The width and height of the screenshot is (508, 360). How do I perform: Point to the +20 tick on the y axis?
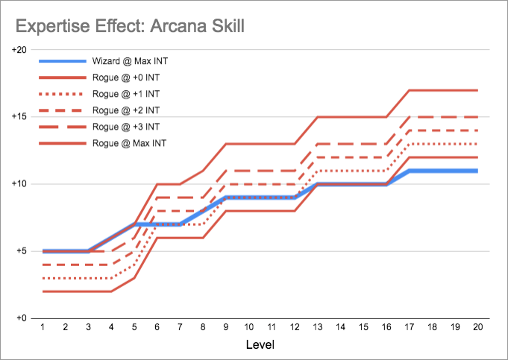(x=19, y=50)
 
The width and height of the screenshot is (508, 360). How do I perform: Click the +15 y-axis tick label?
(x=19, y=117)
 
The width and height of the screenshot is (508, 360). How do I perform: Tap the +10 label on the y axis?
(x=19, y=184)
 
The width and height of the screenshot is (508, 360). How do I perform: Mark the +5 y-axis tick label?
(x=22, y=251)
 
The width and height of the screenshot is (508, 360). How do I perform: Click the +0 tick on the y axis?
(x=22, y=318)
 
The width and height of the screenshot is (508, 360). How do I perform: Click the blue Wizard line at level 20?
(x=477, y=171)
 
